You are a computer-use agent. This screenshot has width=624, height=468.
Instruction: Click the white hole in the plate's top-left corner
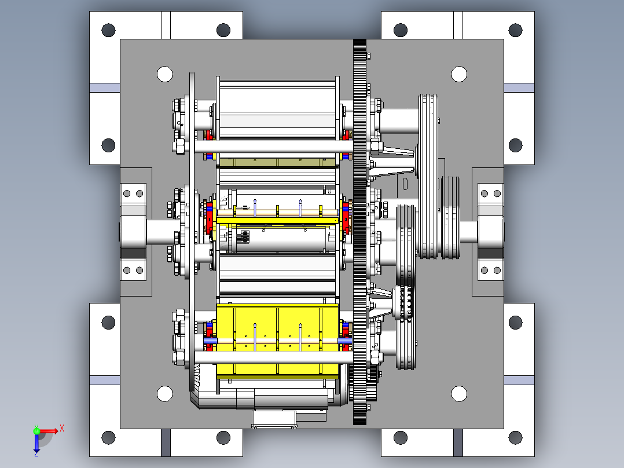tap(165, 74)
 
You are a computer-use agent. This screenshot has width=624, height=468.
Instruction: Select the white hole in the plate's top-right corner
tap(459, 74)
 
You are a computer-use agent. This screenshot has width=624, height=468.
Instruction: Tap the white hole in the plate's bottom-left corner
tap(165, 393)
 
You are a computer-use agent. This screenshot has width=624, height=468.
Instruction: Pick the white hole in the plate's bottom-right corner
tap(459, 393)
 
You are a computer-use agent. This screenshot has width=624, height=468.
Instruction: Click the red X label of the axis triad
tap(62, 429)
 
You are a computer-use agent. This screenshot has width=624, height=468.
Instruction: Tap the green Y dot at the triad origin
tap(36, 430)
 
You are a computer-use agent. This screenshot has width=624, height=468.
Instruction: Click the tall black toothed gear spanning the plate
tap(360, 232)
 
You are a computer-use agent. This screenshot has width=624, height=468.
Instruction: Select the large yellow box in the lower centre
tap(277, 340)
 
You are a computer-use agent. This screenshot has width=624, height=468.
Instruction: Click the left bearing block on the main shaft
tap(133, 232)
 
